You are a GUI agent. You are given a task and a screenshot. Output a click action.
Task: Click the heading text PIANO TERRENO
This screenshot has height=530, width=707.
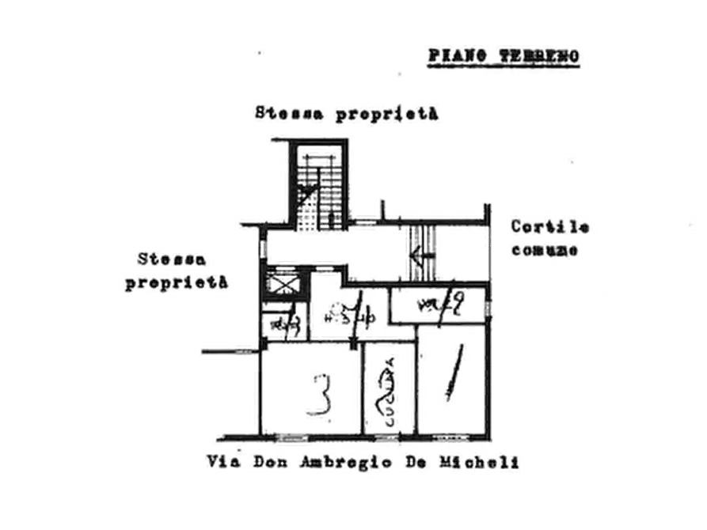(x=504, y=56)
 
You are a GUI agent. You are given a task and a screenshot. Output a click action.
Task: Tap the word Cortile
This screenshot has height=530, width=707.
(x=549, y=227)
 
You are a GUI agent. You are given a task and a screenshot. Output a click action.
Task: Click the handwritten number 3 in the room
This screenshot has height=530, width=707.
(x=318, y=396)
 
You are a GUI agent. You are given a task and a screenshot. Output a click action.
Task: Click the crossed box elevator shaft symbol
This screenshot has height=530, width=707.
(x=281, y=283)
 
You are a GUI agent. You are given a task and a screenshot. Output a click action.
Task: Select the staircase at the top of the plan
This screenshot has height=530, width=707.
(x=314, y=185)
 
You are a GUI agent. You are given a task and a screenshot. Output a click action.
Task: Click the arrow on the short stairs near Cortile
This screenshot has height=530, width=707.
(x=419, y=254)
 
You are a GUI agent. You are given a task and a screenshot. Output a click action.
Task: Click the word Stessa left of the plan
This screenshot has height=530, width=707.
(x=173, y=259)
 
